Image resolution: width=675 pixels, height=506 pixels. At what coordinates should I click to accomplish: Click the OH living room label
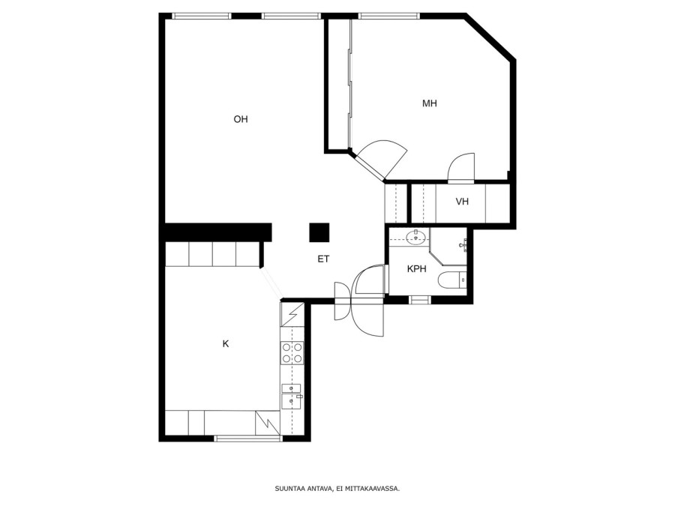[x=241, y=119]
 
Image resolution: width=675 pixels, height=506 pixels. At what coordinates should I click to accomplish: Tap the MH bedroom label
[x=430, y=103]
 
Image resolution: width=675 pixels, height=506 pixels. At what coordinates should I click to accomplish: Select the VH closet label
[x=462, y=202]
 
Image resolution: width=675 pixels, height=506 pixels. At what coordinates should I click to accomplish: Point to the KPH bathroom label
[x=417, y=269]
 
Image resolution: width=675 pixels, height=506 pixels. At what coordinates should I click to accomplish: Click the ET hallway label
[x=324, y=259]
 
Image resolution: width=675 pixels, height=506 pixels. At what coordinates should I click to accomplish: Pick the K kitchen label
[x=226, y=344]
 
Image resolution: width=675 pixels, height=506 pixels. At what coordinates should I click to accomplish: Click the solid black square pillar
[x=319, y=233]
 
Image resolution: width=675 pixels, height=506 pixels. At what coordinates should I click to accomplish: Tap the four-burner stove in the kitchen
[x=292, y=352]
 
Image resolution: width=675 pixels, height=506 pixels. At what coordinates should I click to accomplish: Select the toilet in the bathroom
[x=452, y=280]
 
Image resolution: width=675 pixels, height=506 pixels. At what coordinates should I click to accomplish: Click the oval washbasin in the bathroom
[x=415, y=237]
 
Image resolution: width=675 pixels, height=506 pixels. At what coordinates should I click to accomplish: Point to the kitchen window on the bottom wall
[x=248, y=439]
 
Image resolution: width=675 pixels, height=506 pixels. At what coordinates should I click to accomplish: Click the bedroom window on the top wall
[x=389, y=16]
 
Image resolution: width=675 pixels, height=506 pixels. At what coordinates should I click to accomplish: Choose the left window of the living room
[x=202, y=16]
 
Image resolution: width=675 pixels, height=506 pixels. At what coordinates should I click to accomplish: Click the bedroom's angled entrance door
[x=369, y=166]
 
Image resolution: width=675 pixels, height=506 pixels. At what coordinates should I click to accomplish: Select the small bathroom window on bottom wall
[x=420, y=300]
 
